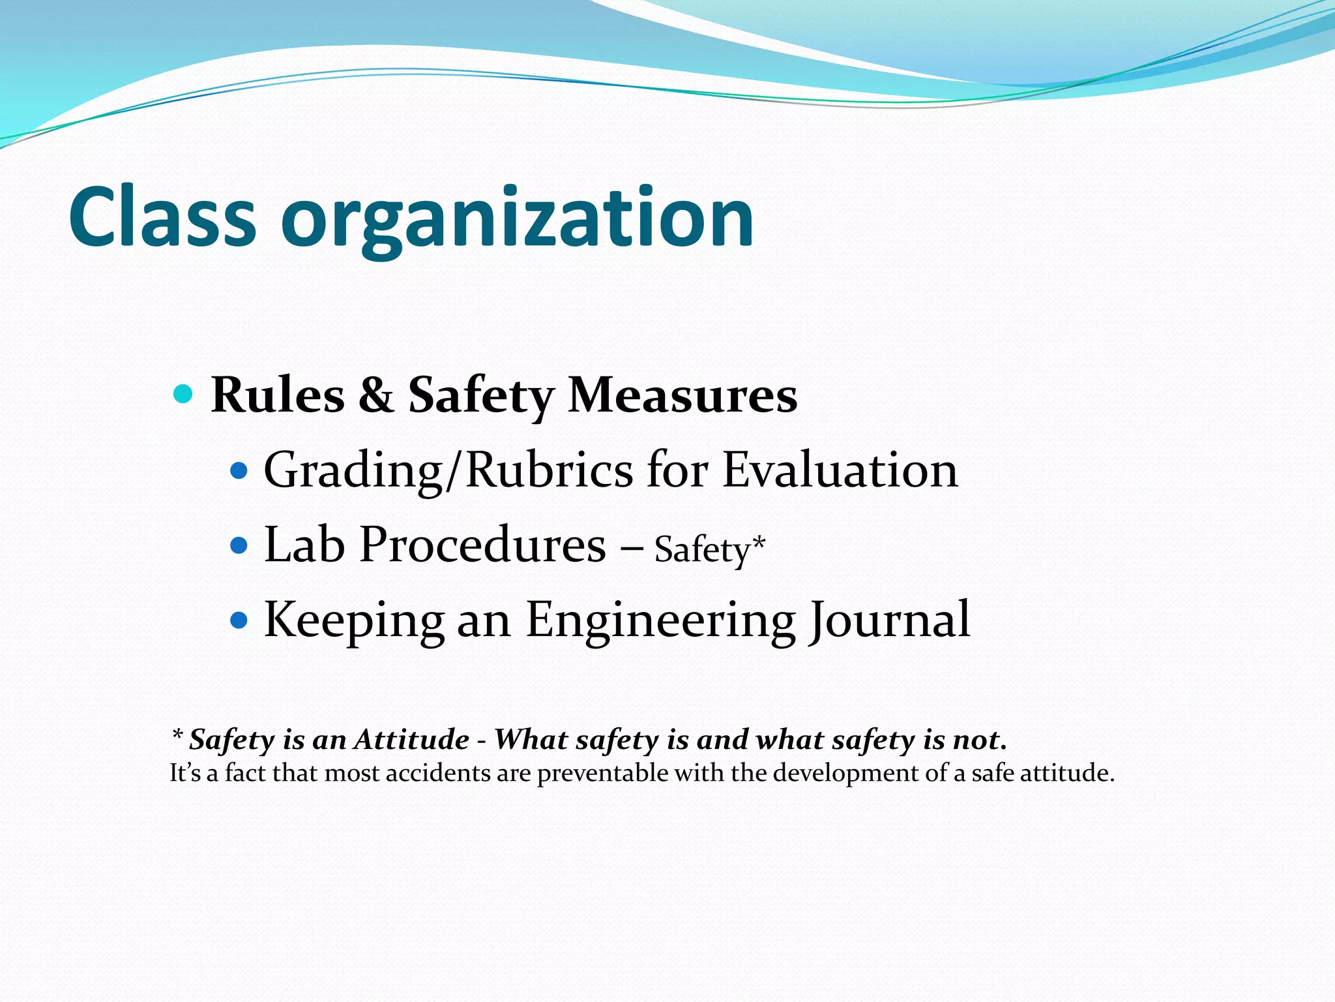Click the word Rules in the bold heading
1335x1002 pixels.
278,395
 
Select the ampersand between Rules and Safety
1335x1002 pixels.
376,395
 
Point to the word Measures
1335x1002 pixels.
682,395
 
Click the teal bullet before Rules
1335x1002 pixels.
184,394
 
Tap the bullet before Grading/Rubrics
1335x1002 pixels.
240,469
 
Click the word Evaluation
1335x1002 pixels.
840,470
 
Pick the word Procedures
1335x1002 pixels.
482,545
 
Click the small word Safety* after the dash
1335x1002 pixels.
709,549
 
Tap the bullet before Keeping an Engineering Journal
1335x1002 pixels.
240,619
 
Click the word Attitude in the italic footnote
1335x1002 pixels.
412,740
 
